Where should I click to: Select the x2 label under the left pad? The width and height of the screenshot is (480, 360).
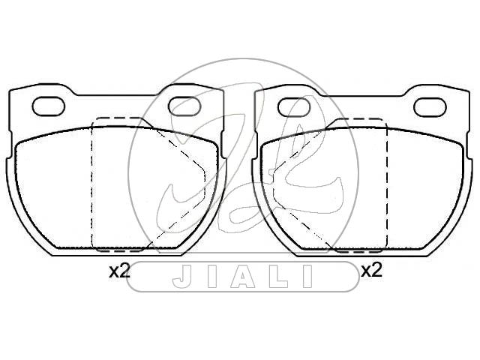click(120, 271)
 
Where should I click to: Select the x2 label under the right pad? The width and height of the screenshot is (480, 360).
click(372, 271)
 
